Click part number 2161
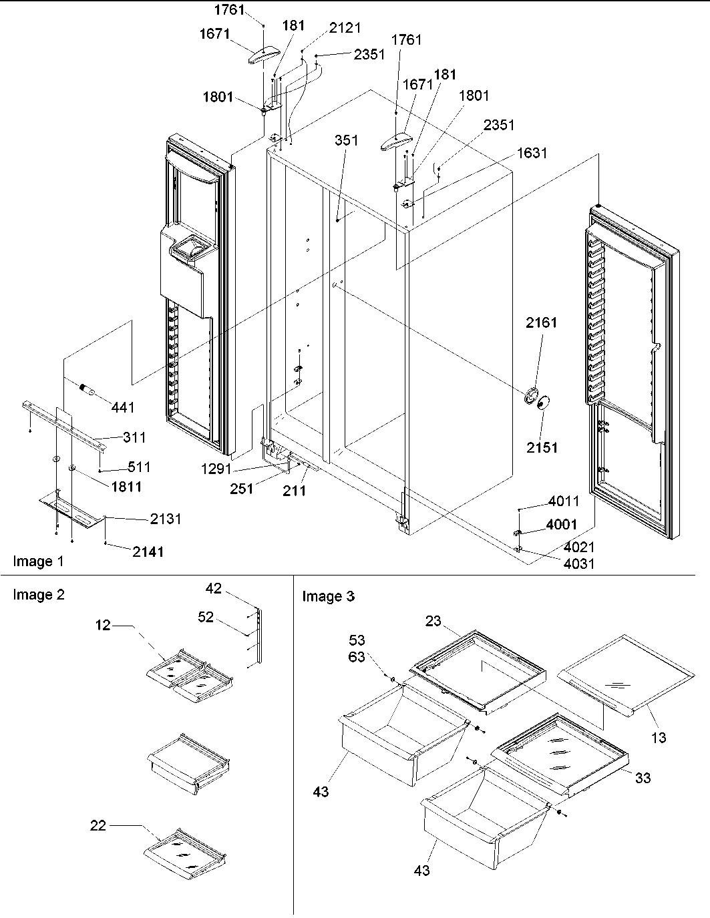541,322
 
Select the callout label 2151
541,447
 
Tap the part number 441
123,407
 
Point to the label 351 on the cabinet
346,140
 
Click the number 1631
532,153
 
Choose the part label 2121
345,27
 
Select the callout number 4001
562,525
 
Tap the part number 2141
147,551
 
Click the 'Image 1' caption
39,561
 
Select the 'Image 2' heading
39,594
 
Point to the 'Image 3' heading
328,596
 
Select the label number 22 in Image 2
98,826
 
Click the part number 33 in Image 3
643,778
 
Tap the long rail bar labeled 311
67,427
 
